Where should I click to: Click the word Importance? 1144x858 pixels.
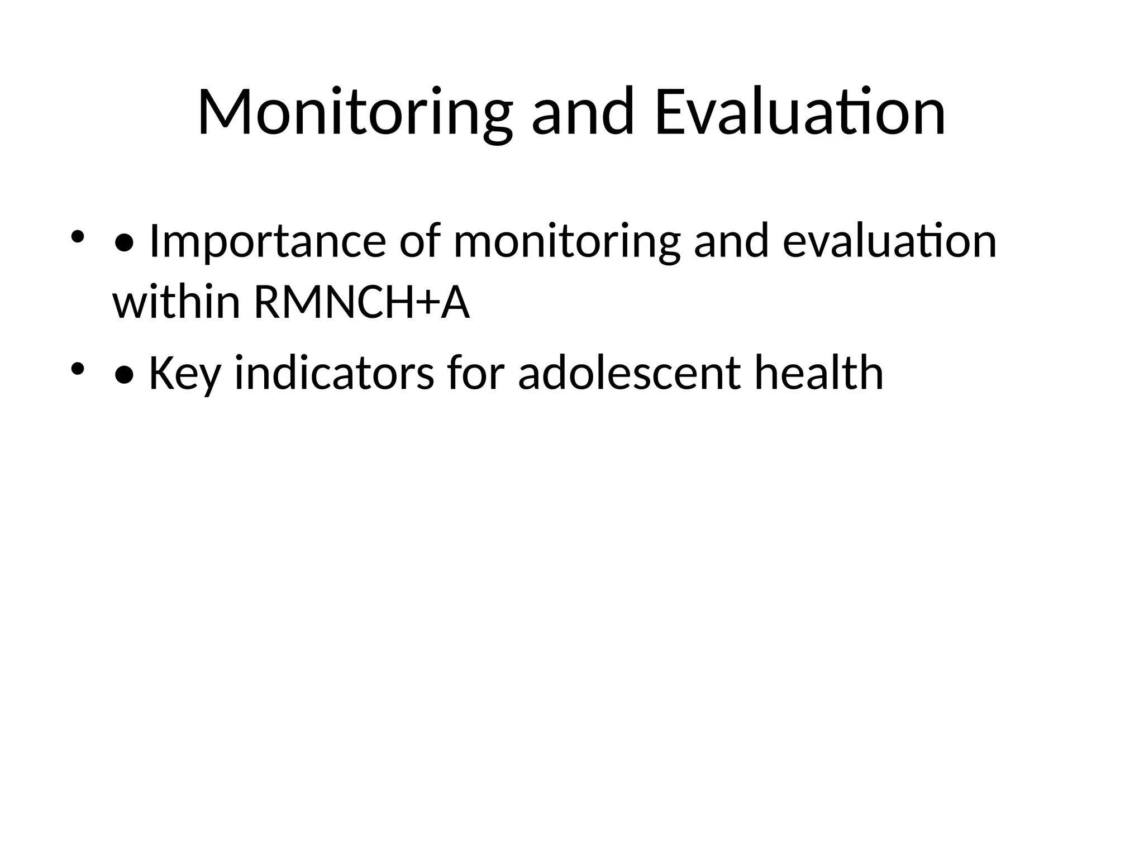tap(268, 242)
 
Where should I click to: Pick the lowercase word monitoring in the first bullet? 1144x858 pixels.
tap(566, 242)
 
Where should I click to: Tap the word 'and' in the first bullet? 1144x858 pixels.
tap(731, 241)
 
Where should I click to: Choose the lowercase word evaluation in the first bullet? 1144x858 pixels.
tap(889, 241)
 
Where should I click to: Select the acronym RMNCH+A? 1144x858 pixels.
tap(362, 303)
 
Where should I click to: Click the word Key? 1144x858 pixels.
tap(184, 374)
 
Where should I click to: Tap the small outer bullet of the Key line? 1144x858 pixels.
tap(78, 368)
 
